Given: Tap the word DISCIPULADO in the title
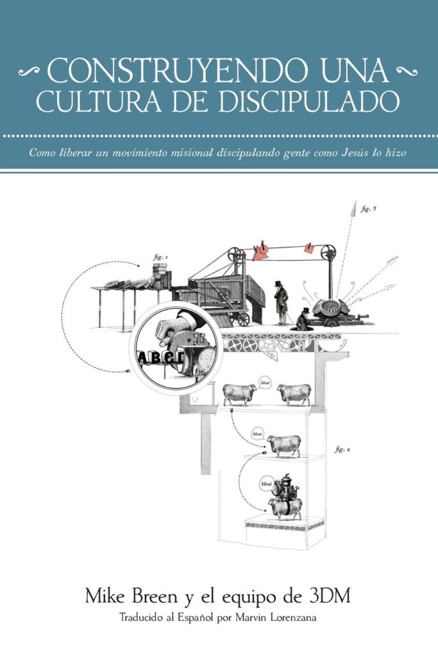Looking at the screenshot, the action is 308,101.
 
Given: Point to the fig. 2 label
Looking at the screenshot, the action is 342,450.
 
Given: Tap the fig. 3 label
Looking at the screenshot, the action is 368,209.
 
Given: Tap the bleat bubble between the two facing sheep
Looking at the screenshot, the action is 265,383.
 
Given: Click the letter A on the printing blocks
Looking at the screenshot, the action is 142,358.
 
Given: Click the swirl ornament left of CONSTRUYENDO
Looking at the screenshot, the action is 29,72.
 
